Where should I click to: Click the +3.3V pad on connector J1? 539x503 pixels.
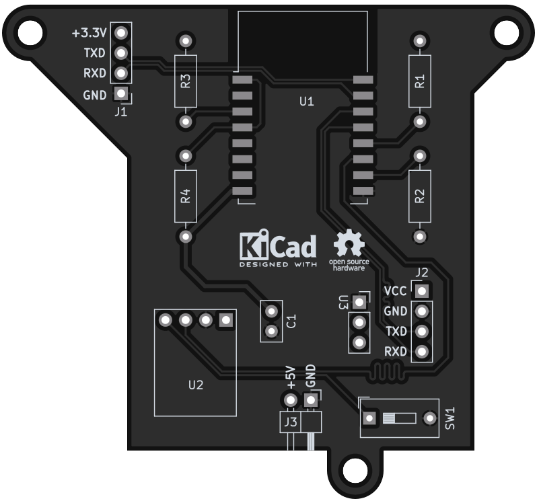(x=121, y=33)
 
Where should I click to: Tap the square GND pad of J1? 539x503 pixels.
(x=121, y=93)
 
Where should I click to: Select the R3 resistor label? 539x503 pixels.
(x=185, y=81)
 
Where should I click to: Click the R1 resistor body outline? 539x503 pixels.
(x=420, y=81)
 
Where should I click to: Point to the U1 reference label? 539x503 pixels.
(x=307, y=102)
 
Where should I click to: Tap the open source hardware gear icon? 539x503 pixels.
(x=349, y=243)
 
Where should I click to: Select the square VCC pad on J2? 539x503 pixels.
(x=422, y=291)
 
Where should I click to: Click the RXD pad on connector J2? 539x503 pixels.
(x=422, y=352)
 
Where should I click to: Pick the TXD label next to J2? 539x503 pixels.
(x=396, y=332)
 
